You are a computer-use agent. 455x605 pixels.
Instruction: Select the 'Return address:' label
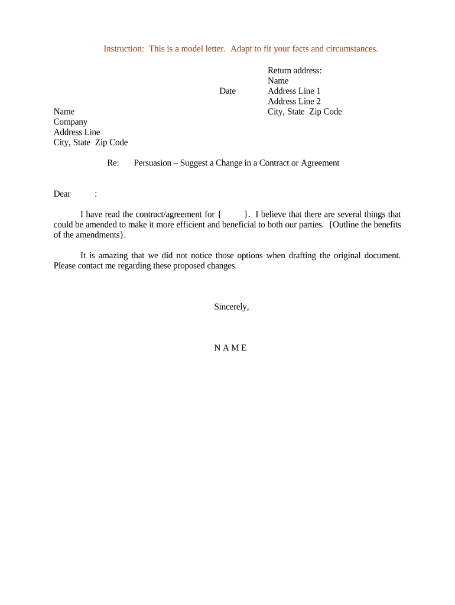tap(294, 70)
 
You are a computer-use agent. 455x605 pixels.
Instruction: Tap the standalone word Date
tap(227, 91)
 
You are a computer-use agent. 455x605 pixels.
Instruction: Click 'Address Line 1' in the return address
tap(294, 91)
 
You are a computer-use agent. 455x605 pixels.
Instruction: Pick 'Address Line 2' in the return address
tap(294, 101)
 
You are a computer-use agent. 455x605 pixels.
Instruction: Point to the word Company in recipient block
tap(70, 122)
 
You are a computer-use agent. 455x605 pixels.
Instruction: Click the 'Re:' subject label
tap(113, 163)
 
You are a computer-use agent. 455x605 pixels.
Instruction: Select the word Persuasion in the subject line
tap(152, 163)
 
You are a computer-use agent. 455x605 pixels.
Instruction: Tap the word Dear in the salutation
tap(62, 194)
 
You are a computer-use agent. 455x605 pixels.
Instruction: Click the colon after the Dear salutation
tap(96, 194)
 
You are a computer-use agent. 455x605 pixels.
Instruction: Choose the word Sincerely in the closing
tap(231, 307)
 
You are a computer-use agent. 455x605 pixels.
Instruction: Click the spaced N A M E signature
tap(230, 348)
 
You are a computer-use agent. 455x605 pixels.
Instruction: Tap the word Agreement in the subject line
tap(320, 163)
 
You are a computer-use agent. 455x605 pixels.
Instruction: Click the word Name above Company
tap(64, 112)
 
